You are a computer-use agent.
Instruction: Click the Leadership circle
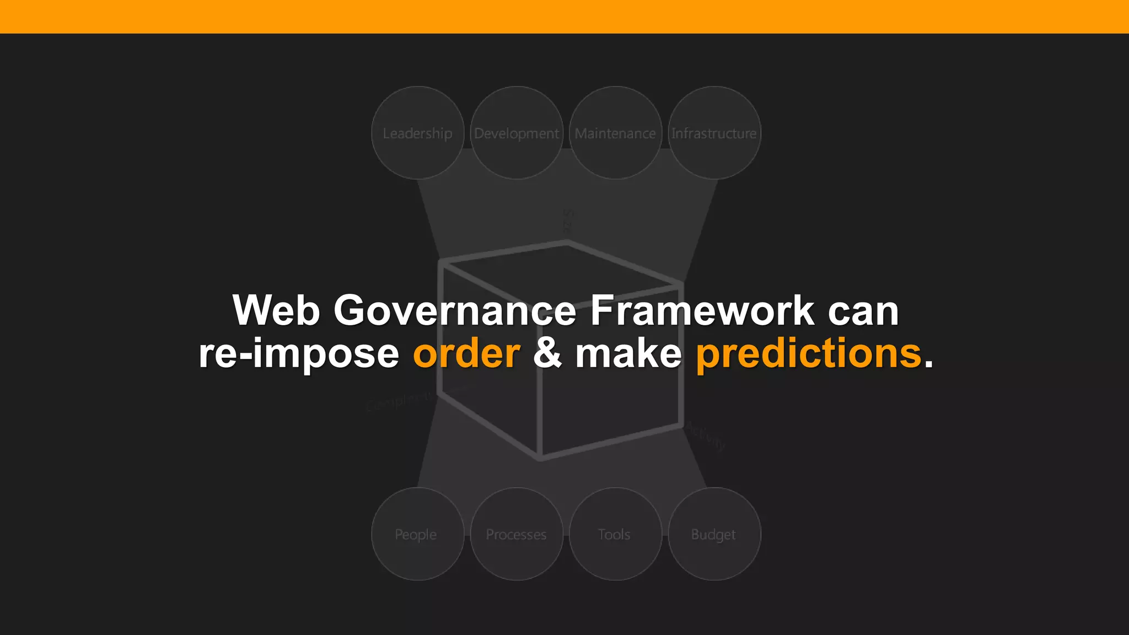(417, 133)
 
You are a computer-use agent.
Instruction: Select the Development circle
(517, 133)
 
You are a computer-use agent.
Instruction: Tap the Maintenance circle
(615, 133)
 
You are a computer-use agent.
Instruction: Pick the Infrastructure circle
(714, 133)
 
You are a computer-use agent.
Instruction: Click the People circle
(417, 534)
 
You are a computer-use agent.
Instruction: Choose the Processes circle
(517, 534)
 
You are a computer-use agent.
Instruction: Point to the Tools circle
(615, 534)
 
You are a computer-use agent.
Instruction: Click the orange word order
(466, 353)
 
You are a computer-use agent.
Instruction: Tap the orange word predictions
(809, 353)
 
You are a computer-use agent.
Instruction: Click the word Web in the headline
(276, 310)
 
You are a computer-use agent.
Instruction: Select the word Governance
(455, 310)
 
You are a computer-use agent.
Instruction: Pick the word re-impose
(299, 353)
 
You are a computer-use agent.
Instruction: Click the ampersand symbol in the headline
(547, 353)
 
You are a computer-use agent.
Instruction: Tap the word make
(628, 353)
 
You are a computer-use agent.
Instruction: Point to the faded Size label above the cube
(568, 221)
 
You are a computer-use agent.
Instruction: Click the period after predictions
(929, 364)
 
